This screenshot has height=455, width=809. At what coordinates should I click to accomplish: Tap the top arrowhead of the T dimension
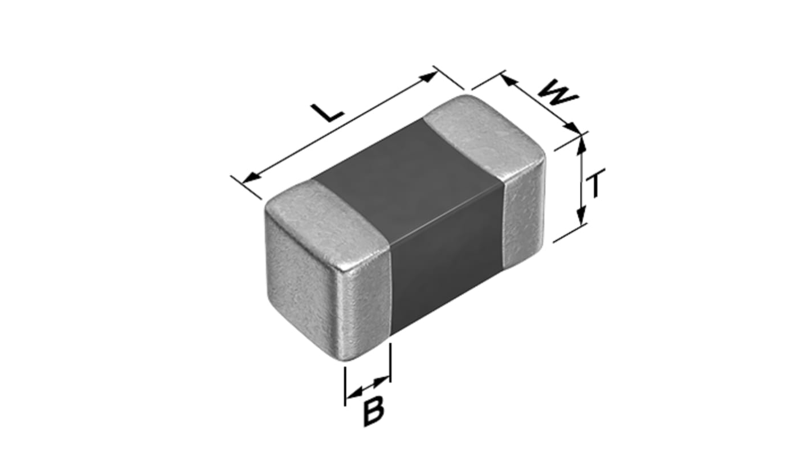(x=581, y=144)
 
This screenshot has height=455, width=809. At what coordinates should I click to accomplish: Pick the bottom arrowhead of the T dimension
(x=581, y=216)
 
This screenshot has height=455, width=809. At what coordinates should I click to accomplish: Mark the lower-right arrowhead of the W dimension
(x=573, y=128)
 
